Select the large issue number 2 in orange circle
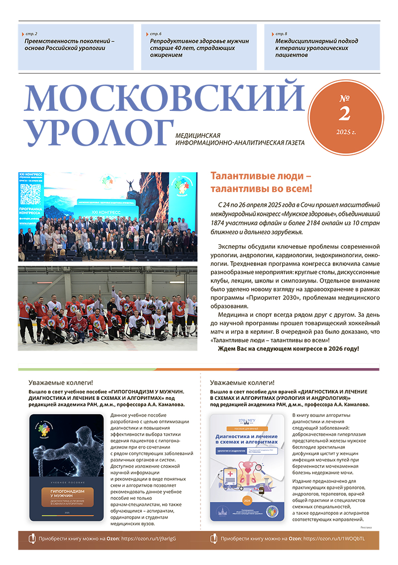(344, 113)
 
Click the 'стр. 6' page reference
(156, 33)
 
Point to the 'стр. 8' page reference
(281, 33)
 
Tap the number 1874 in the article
(220, 223)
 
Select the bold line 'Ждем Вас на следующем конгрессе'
(288, 349)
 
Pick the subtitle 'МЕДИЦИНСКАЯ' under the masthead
(198, 135)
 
